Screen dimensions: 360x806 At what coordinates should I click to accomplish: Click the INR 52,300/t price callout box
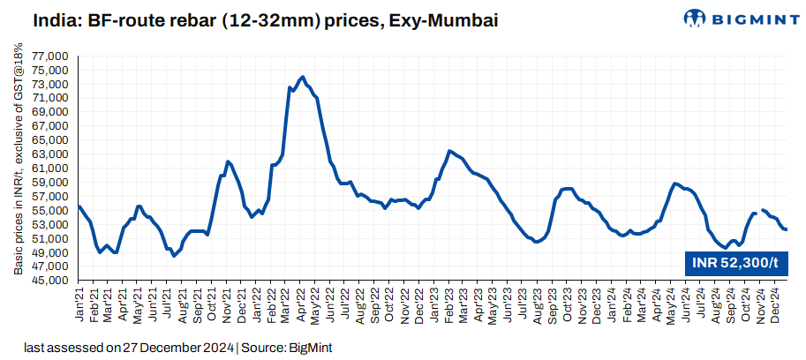point(734,262)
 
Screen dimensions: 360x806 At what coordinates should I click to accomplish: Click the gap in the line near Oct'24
point(759,211)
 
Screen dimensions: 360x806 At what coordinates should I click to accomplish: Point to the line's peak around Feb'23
point(450,151)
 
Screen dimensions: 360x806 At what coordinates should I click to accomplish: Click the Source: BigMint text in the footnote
point(284,348)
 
